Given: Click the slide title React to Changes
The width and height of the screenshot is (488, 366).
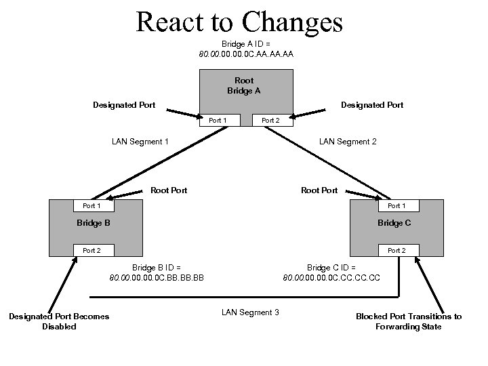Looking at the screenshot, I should (239, 22).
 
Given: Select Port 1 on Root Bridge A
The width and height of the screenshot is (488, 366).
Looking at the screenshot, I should (218, 120).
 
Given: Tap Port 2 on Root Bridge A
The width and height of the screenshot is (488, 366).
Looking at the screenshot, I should (270, 120).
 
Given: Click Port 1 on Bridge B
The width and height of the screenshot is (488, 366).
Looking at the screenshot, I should (91, 205).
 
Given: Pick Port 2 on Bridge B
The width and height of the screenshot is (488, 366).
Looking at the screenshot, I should (91, 250).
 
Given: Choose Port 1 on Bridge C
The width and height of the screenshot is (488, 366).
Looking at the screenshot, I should (396, 205).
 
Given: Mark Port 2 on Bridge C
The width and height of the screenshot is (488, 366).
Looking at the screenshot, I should (396, 250).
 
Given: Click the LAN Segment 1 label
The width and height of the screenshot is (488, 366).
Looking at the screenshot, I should (140, 142).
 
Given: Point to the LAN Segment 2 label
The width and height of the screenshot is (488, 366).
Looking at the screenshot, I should (348, 142).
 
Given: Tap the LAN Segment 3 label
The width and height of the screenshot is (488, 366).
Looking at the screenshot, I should (250, 312).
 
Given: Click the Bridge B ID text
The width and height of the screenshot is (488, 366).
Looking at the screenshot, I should (157, 272).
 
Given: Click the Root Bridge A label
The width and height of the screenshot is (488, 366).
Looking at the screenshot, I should (244, 85).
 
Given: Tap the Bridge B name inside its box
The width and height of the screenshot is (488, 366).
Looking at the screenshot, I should (94, 223).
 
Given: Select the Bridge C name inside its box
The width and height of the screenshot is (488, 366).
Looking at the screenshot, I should (394, 223).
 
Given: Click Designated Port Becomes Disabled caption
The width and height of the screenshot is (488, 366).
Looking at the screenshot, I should (59, 321).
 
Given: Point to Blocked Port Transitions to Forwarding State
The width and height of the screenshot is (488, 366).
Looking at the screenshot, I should (409, 321).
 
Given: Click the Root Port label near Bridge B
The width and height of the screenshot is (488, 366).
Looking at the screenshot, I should (169, 190).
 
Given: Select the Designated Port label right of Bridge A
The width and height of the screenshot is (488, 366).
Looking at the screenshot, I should (372, 104).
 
